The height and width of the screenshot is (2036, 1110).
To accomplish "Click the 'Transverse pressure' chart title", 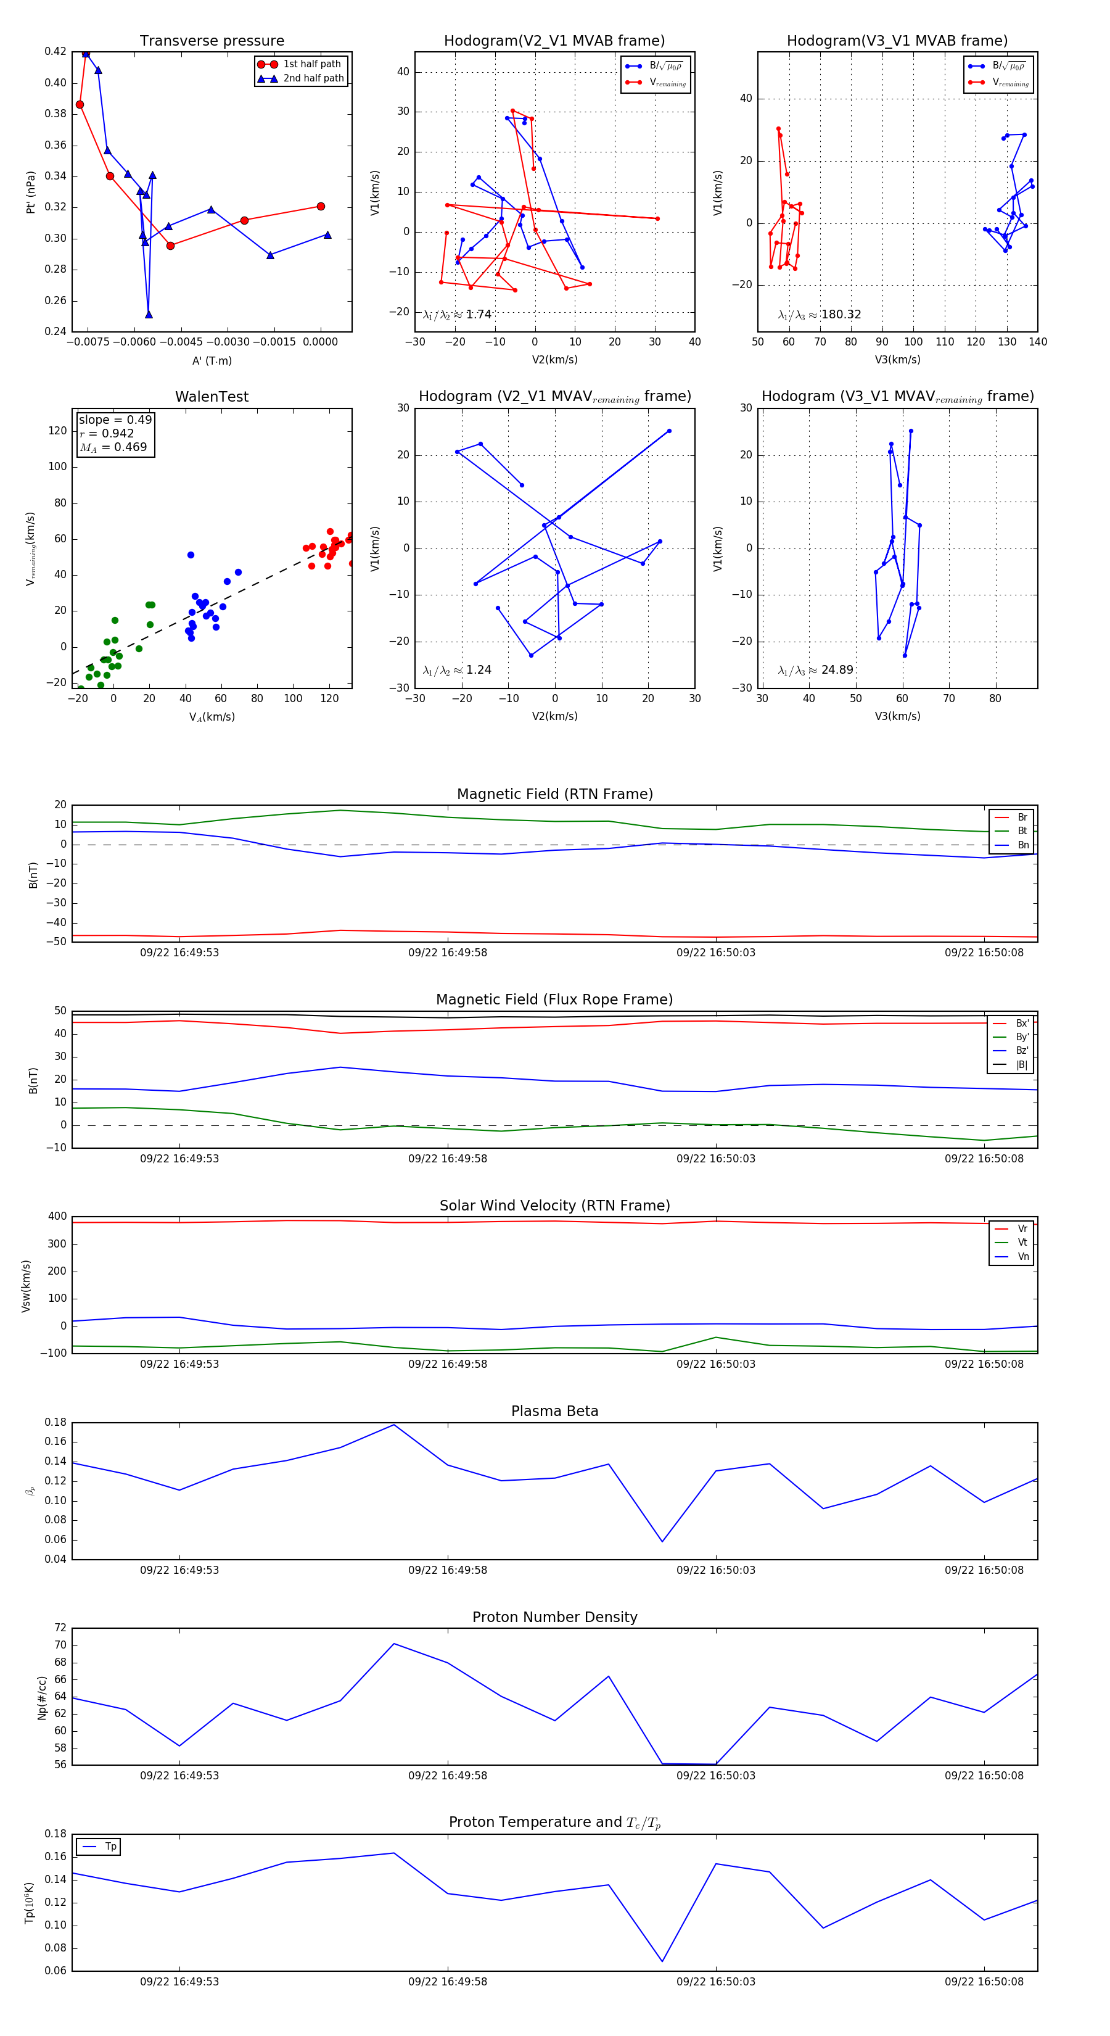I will coord(212,41).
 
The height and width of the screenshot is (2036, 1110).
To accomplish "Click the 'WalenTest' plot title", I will coord(212,397).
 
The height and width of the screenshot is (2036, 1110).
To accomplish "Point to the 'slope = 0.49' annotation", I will coord(115,420).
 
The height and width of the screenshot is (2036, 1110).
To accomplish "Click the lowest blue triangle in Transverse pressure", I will coord(149,315).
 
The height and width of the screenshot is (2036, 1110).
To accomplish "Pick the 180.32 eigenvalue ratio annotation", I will coord(820,315).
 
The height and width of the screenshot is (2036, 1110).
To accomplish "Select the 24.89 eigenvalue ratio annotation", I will coord(815,670).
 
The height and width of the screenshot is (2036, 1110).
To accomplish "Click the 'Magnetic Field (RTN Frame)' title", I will coord(554,794).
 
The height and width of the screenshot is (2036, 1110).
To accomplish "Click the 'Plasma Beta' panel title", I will coord(554,1412).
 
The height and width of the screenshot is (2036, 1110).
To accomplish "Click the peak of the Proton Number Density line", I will coord(393,1644).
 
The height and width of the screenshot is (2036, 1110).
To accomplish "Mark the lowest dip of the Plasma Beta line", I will coord(662,1542).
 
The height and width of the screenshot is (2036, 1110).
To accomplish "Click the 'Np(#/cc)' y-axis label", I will coord(42,1698).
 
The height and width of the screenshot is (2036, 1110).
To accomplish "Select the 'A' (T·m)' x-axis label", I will coord(212,361).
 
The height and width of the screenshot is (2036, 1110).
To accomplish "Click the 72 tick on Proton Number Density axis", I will coord(61,1628).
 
